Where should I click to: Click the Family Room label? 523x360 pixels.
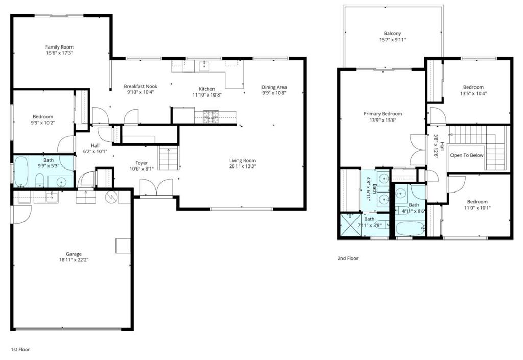59,47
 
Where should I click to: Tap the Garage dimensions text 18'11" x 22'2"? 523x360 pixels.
74,260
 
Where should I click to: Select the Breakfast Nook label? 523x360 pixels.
140,86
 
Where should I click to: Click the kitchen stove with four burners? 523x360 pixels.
211,116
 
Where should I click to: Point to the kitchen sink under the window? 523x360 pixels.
204,66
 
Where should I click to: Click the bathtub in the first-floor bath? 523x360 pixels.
21,172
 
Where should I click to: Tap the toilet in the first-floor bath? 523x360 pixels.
40,180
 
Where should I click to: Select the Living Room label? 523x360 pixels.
243,161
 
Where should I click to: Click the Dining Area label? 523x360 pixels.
274,87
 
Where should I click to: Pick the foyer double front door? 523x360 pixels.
156,188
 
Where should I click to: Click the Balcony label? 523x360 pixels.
393,33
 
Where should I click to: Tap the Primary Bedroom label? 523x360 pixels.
383,114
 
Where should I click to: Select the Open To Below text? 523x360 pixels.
467,155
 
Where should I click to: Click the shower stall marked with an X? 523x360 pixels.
350,225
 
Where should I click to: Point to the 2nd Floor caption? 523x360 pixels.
348,258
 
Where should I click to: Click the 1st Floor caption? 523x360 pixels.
20,350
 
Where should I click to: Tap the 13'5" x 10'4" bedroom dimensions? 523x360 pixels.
473,93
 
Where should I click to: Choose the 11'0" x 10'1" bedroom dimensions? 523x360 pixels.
478,208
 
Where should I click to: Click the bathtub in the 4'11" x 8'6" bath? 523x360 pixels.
411,229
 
